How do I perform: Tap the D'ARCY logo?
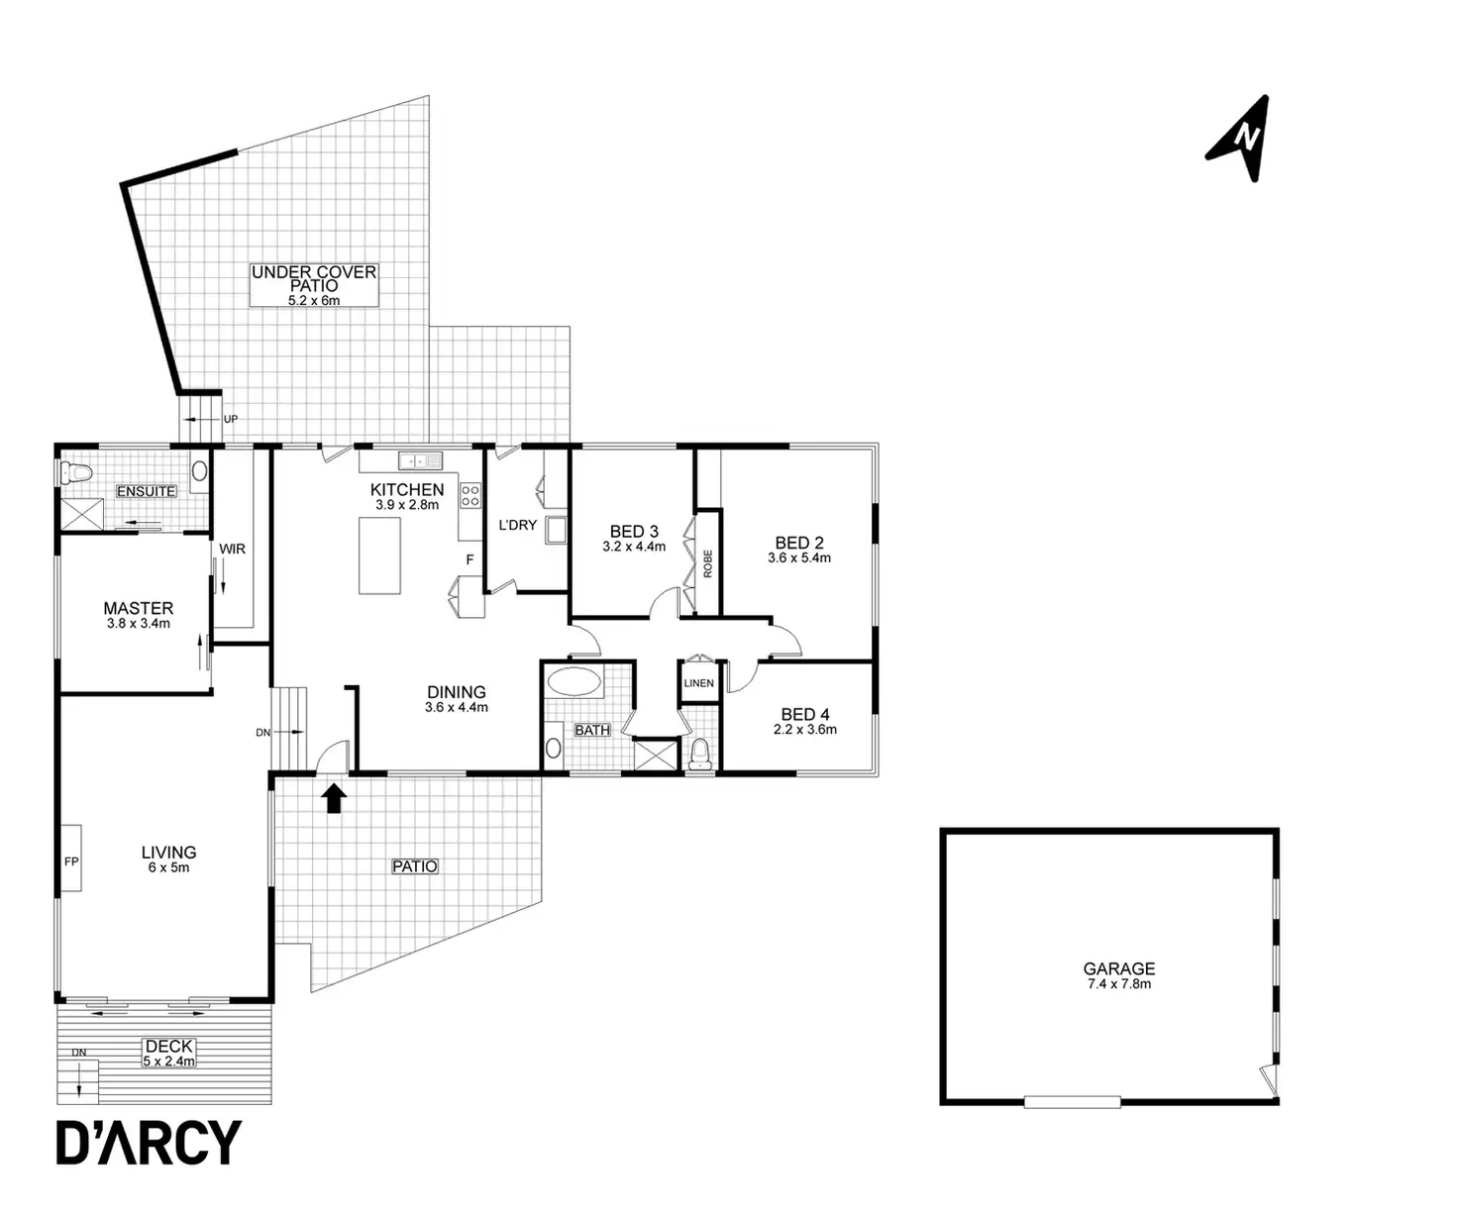pyautogui.click(x=149, y=1143)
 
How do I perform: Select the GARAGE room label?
pyautogui.click(x=1118, y=968)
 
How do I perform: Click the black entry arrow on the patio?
pyautogui.click(x=335, y=797)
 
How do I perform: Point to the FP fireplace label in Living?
pyautogui.click(x=71, y=861)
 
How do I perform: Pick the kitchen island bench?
pyautogui.click(x=379, y=556)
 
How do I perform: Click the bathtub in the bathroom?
pyautogui.click(x=574, y=681)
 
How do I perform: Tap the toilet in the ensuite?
pyautogui.click(x=75, y=471)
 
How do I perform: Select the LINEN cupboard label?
pyautogui.click(x=698, y=683)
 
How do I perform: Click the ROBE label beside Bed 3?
pyautogui.click(x=707, y=563)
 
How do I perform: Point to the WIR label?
pyautogui.click(x=232, y=549)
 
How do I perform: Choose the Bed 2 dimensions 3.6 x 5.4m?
pyautogui.click(x=798, y=558)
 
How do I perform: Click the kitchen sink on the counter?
pyautogui.click(x=420, y=459)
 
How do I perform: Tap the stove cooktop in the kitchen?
pyautogui.click(x=470, y=495)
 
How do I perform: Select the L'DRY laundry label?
pyautogui.click(x=517, y=525)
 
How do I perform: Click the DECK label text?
pyautogui.click(x=168, y=1046)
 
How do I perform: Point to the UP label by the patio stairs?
pyautogui.click(x=231, y=419)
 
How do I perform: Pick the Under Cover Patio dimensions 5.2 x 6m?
pyautogui.click(x=314, y=299)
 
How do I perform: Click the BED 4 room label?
pyautogui.click(x=804, y=714)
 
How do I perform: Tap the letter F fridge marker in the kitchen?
pyautogui.click(x=470, y=559)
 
